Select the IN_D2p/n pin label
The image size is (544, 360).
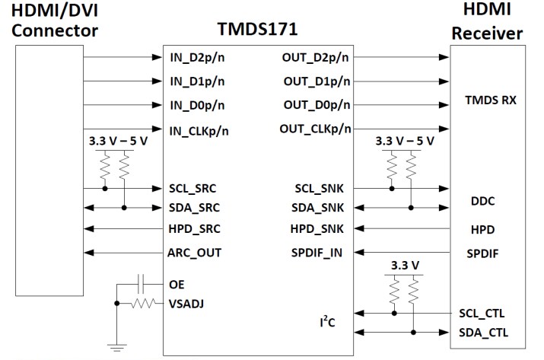click(196, 57)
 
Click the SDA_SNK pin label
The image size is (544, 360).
click(318, 207)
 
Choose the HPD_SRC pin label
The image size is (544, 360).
click(196, 228)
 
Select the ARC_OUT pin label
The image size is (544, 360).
click(196, 251)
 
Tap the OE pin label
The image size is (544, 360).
click(177, 283)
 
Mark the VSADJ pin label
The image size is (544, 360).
click(187, 303)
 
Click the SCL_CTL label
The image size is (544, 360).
click(483, 313)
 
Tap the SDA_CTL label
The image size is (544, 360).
click(483, 333)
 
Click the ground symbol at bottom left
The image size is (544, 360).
click(116, 347)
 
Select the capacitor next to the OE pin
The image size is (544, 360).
click(142, 283)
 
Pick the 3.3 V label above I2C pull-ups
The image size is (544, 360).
click(403, 266)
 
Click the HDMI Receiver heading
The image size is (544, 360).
click(488, 23)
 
